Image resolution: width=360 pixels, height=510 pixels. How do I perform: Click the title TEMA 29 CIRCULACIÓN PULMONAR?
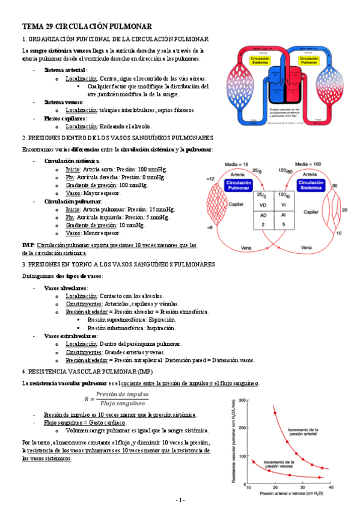(x=87, y=26)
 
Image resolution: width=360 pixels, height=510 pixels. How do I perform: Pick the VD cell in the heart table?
(x=262, y=205)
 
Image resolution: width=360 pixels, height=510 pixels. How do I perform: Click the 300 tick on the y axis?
(x=242, y=399)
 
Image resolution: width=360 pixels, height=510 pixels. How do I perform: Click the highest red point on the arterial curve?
(x=275, y=413)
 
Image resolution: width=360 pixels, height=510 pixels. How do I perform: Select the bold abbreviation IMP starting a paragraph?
(x=27, y=245)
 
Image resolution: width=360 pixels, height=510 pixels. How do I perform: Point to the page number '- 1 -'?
(x=180, y=500)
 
